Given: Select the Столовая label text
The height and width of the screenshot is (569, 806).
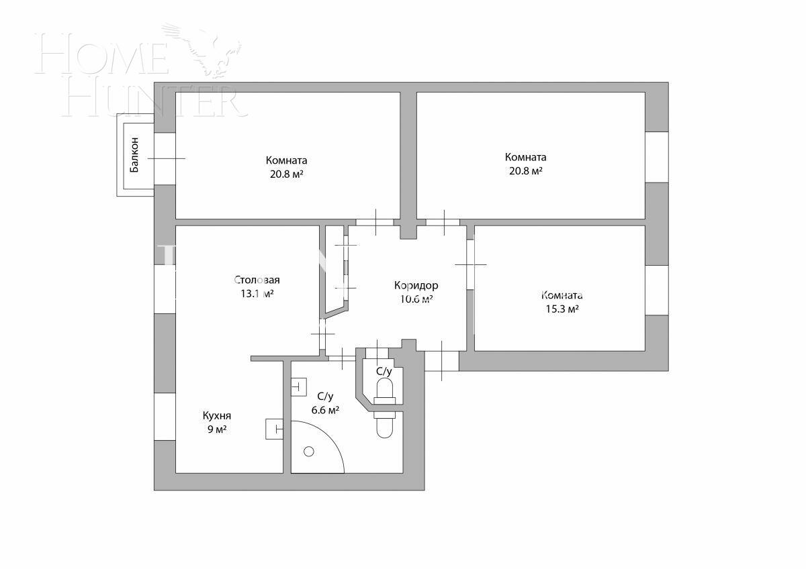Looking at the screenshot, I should click(257, 280).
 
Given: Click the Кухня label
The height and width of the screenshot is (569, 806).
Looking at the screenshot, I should click(216, 416).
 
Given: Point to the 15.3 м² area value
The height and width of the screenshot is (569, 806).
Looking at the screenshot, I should click(563, 309).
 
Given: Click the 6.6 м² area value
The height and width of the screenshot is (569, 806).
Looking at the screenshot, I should click(325, 411).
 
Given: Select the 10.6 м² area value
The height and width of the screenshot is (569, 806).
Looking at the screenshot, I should click(416, 299).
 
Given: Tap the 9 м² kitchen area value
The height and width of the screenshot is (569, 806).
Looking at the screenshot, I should click(216, 429).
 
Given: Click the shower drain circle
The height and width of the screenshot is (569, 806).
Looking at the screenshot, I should click(309, 452).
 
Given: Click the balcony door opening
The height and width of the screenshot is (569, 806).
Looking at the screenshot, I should click(165, 158).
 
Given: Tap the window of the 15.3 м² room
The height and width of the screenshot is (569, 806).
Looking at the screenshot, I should click(656, 290).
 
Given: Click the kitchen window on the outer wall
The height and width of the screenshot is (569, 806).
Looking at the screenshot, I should click(165, 417).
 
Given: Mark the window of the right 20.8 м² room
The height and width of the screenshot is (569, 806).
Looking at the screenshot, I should click(656, 157).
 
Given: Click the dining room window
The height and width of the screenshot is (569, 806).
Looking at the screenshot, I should click(165, 289).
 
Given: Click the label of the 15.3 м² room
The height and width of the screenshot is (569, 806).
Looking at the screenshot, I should click(562, 295).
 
